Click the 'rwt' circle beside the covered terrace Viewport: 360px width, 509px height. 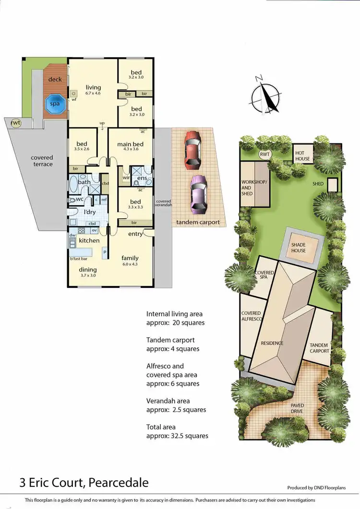[x=16, y=123]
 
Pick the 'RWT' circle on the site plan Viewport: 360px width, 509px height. [x=264, y=154]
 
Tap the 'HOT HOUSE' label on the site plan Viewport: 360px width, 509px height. [x=302, y=156]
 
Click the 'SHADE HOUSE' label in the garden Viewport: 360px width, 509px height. [x=299, y=248]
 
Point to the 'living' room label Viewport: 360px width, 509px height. [x=94, y=87]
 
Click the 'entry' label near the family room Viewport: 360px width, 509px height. [x=135, y=234]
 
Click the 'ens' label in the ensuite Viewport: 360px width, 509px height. [x=142, y=178]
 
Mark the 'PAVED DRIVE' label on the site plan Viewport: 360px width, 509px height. [x=297, y=408]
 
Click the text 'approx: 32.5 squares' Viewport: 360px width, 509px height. [x=178, y=436]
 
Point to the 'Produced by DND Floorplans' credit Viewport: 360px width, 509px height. [x=317, y=487]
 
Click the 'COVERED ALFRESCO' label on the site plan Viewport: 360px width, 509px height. [x=251, y=316]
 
